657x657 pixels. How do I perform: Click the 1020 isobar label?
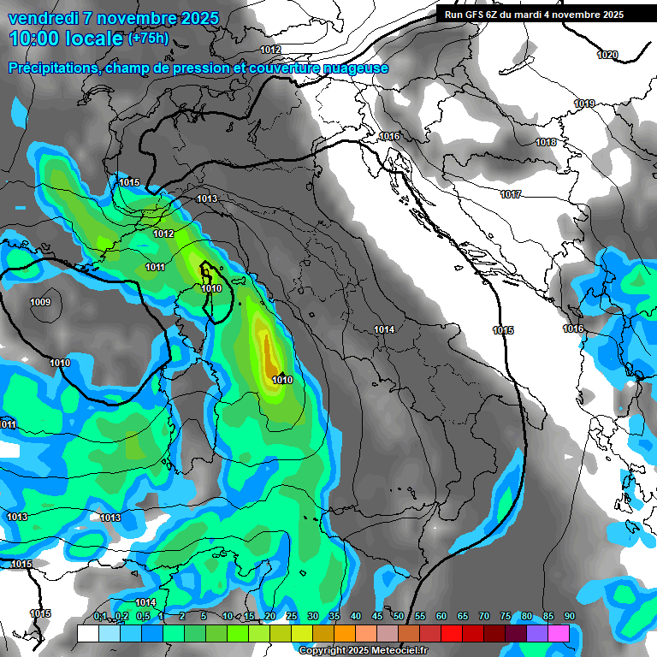[607, 55]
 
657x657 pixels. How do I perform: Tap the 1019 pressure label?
[584, 104]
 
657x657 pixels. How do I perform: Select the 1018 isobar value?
[546, 142]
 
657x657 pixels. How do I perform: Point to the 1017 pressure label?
[511, 195]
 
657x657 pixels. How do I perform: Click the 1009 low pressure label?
[40, 302]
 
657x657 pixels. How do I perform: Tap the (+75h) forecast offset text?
[148, 38]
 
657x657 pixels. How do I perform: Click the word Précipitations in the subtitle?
[51, 68]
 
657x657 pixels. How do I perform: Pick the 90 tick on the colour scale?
[569, 616]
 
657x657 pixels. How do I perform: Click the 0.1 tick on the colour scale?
[99, 616]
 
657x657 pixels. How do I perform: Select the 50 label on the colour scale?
[399, 616]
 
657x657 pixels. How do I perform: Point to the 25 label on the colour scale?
[292, 616]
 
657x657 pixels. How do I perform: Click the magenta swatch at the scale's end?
[559, 633]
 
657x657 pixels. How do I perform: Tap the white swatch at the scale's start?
[87, 633]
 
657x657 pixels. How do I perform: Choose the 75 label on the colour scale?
[506, 616]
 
